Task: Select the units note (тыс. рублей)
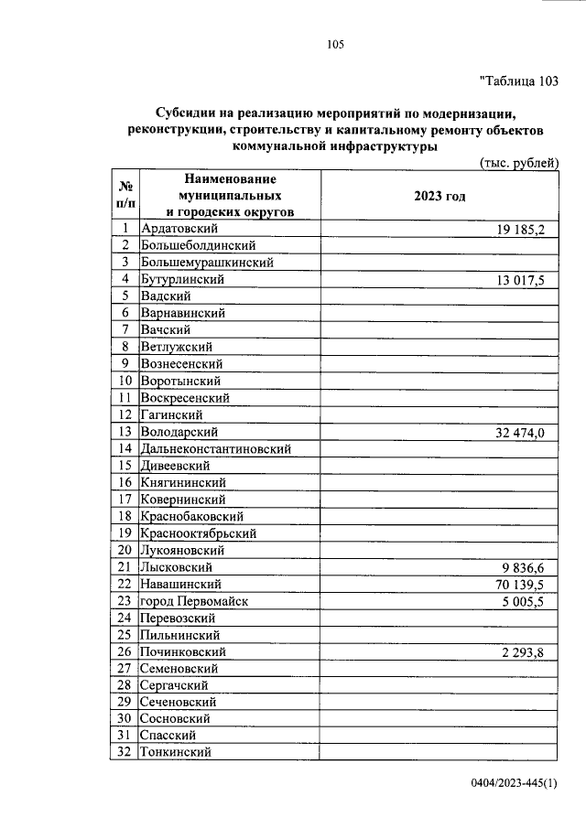[x=519, y=163]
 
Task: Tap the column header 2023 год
[x=439, y=196]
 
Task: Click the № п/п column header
[x=125, y=196]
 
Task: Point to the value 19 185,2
[x=520, y=230]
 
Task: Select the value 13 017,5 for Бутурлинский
[x=520, y=280]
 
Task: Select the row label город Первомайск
[x=194, y=601]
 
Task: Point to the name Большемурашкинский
[x=208, y=263]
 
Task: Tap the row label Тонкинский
[x=177, y=752]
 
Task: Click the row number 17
[x=125, y=500]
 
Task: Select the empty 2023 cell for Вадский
[x=439, y=296]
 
